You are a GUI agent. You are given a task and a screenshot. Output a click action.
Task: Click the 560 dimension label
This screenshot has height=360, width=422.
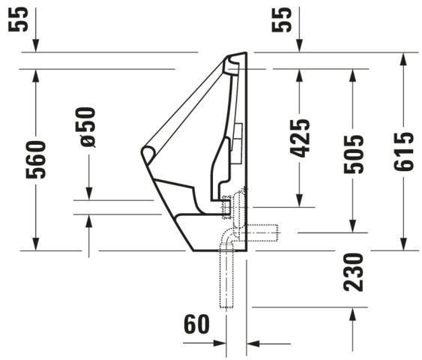click(x=36, y=160)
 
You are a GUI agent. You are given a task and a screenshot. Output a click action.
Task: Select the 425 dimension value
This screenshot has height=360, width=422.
click(x=300, y=138)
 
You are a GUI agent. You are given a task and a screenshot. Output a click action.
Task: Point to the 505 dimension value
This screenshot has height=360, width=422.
click(x=353, y=154)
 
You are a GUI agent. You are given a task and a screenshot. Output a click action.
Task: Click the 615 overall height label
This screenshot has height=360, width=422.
click(x=404, y=151)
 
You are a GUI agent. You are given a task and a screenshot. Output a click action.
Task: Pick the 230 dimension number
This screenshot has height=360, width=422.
click(x=353, y=272)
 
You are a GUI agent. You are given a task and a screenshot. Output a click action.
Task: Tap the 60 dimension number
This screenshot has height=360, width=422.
click(x=196, y=324)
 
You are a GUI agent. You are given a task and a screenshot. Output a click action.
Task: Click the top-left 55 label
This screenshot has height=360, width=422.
click(x=18, y=19)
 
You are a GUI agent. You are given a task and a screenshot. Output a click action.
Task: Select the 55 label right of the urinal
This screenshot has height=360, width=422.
click(x=282, y=19)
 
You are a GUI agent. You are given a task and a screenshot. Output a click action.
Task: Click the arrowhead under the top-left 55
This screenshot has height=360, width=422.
click(x=36, y=45)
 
